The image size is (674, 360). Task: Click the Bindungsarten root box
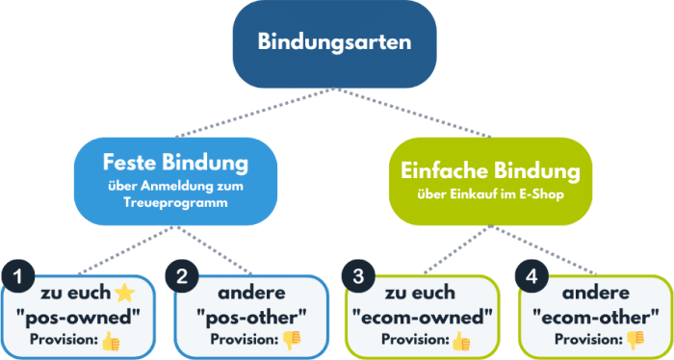333,43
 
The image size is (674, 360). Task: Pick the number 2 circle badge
183,277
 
